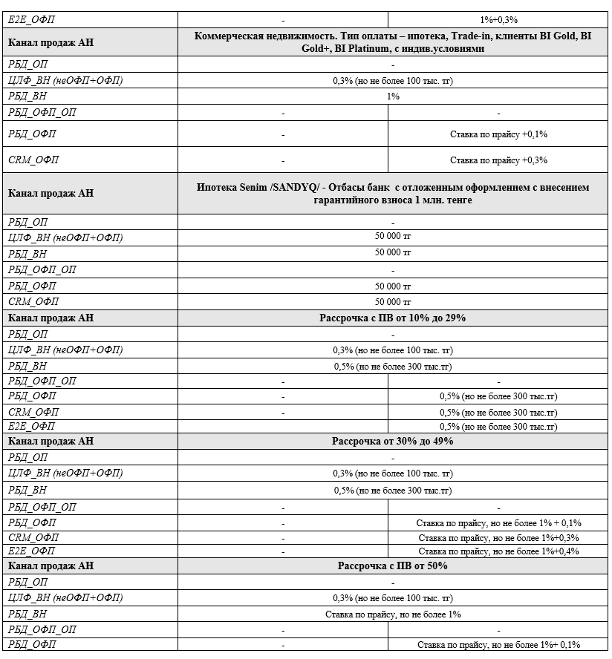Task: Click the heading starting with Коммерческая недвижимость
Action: (393, 42)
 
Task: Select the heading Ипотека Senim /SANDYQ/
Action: (393, 193)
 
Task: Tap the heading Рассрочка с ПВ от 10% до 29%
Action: (393, 318)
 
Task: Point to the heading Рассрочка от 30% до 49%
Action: (393, 441)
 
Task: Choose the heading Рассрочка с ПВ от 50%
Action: (393, 565)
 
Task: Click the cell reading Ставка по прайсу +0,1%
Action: (498, 134)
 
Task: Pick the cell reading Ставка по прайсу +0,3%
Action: (498, 160)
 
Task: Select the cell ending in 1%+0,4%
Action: (498, 551)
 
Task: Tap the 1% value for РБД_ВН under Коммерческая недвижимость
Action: (393, 96)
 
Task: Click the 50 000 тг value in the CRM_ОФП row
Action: (393, 302)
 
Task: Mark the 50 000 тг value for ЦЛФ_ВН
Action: (393, 237)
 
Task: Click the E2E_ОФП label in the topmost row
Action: (31, 19)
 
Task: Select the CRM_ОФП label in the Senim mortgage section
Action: (33, 302)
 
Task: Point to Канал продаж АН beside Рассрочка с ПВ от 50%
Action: (51, 565)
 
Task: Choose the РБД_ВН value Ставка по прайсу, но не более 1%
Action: (393, 614)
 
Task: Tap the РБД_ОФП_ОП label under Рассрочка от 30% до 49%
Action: (42, 507)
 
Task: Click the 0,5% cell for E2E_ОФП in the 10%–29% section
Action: (498, 427)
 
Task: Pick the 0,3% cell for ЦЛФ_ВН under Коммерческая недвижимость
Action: (393, 80)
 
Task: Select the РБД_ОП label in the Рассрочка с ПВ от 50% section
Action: (27, 582)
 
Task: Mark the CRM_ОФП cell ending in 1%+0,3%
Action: (498, 537)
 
